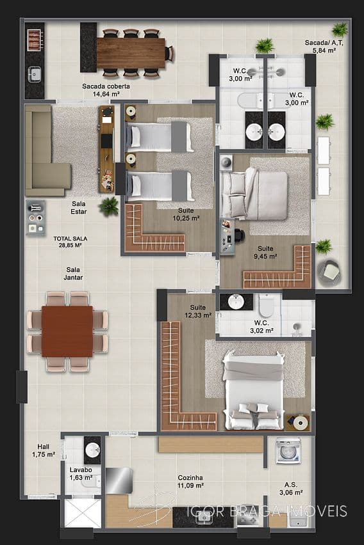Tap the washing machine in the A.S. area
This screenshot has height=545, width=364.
tap(288, 451)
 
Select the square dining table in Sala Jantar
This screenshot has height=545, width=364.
tap(67, 331)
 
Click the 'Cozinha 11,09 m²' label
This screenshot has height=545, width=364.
tap(190, 482)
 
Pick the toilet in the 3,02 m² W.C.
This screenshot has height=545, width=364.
tap(267, 305)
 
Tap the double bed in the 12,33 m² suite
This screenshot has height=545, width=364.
tap(253, 391)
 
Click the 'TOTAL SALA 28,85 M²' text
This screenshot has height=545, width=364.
tap(70, 242)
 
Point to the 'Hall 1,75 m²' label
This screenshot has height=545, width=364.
tap(44, 450)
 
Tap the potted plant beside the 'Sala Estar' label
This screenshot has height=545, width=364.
tap(109, 207)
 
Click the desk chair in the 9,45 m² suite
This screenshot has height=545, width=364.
tap(240, 235)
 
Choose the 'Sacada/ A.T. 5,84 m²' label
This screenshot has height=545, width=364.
tap(320, 46)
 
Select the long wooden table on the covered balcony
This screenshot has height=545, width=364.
tap(131, 53)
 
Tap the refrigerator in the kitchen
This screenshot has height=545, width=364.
tap(119, 480)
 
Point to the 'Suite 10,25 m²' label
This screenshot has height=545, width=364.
tap(186, 214)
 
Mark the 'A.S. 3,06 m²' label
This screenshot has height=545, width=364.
tap(291, 488)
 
